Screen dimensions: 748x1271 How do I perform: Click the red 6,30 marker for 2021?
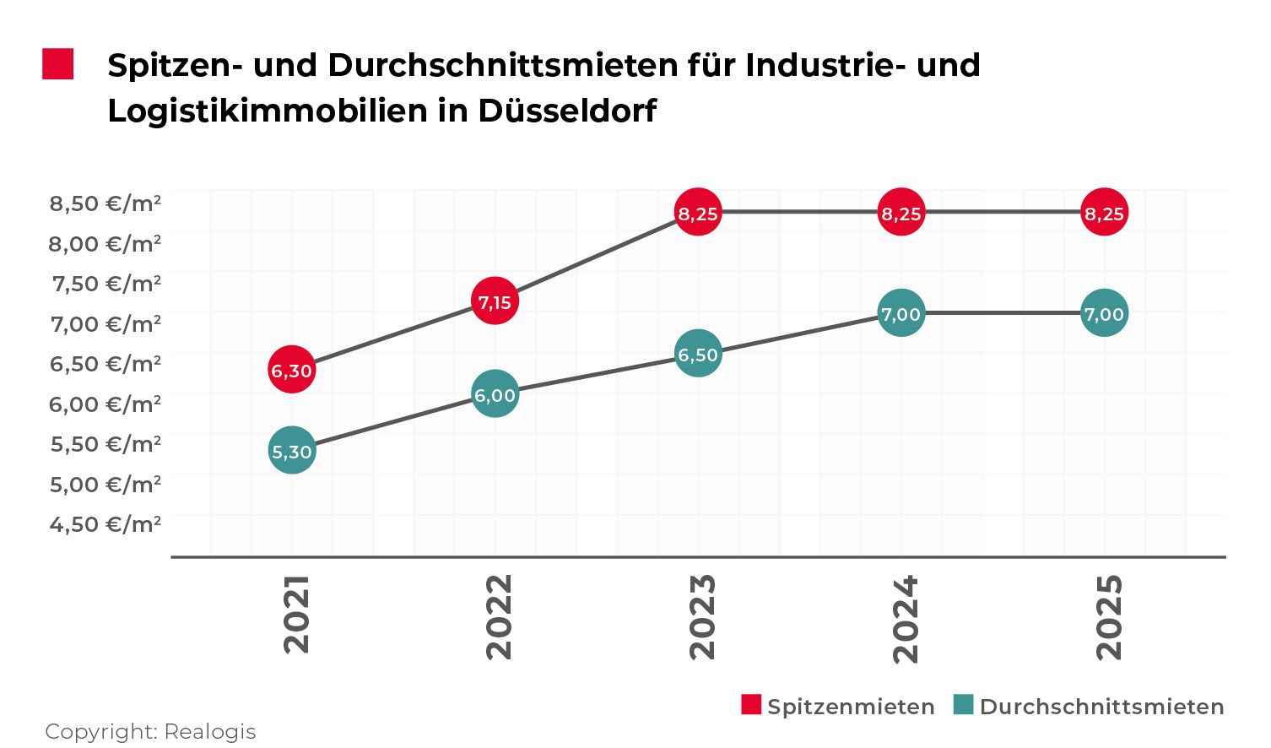[x=292, y=370]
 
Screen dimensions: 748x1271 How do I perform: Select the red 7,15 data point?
[x=495, y=301]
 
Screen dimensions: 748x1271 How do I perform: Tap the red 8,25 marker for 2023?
[x=698, y=213]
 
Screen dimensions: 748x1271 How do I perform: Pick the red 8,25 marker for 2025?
[x=1104, y=213]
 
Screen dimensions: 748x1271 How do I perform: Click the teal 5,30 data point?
[x=292, y=451]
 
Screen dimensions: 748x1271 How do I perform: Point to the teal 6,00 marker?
[x=495, y=394]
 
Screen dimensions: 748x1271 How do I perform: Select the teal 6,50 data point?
[x=698, y=354]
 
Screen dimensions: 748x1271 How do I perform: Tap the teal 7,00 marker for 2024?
[x=901, y=313]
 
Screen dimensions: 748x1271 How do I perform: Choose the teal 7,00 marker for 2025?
[x=1104, y=313]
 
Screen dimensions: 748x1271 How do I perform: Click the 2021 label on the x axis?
[x=296, y=614]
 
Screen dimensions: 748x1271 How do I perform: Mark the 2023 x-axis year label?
[x=702, y=616]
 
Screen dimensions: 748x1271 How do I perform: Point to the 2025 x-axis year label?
[x=1109, y=616]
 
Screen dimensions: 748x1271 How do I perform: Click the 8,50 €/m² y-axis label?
[x=105, y=203]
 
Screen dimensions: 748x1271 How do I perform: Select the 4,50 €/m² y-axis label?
[x=105, y=524]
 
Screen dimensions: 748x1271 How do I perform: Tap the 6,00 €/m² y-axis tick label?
[x=105, y=404]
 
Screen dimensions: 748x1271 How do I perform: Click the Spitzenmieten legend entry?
[x=838, y=706]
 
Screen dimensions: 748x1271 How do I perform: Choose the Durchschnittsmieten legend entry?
[x=1089, y=706]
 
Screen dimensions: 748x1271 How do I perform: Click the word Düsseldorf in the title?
[x=567, y=111]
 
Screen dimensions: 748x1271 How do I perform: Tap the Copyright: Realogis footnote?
[x=150, y=731]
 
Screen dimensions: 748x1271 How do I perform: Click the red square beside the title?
[x=58, y=64]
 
